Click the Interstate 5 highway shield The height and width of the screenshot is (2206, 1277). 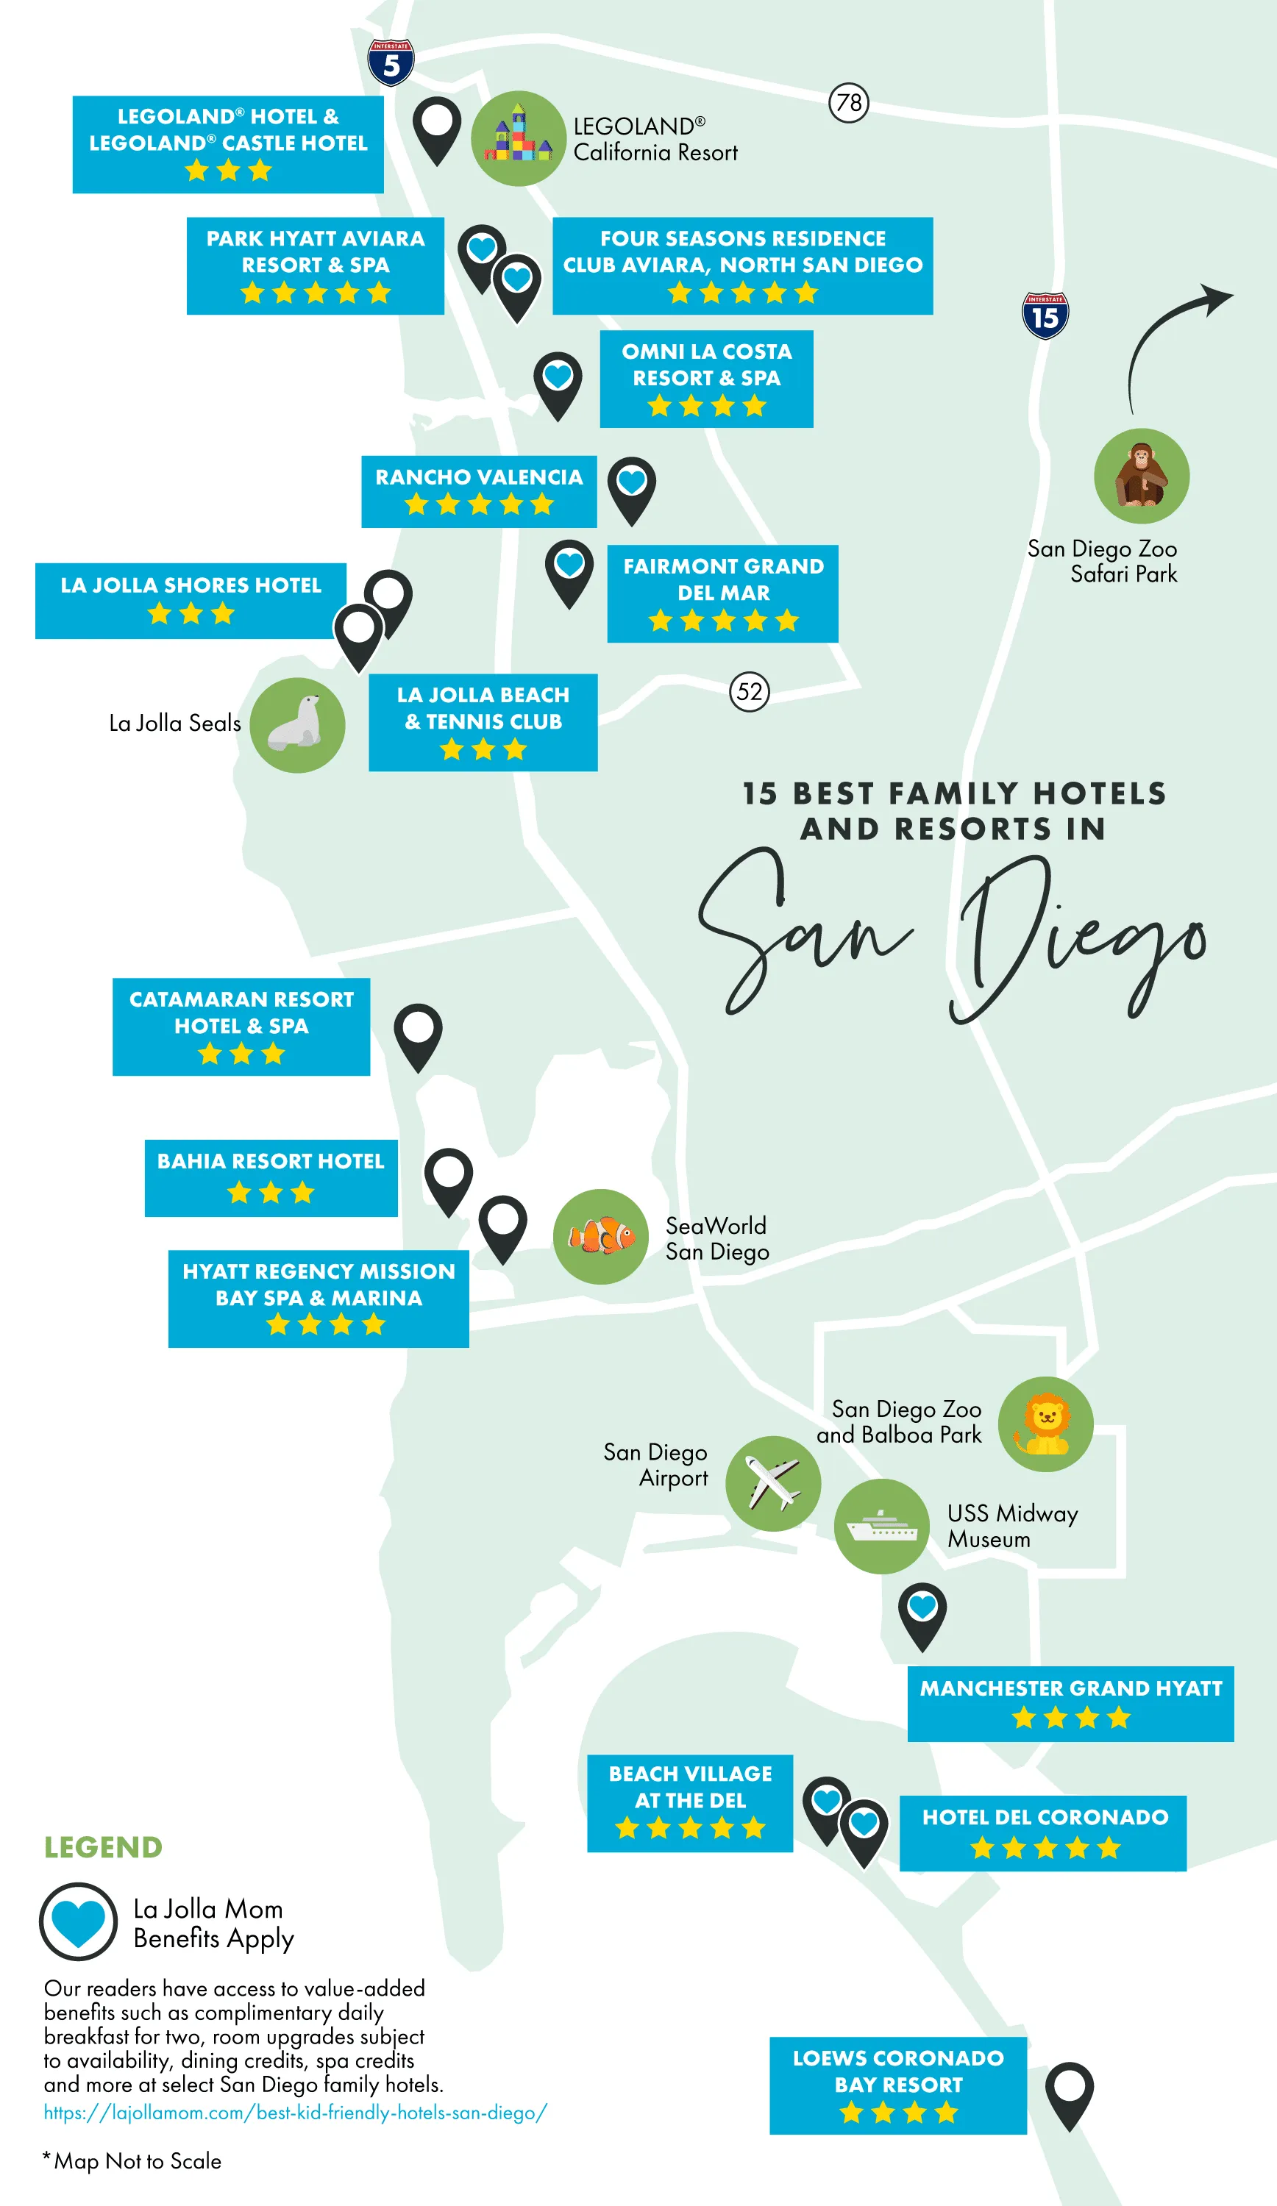click(391, 63)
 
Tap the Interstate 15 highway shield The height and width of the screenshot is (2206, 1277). click(1045, 316)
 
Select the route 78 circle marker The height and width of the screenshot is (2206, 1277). click(848, 102)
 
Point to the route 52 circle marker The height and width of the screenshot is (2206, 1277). click(749, 691)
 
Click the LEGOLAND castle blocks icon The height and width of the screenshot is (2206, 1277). click(519, 138)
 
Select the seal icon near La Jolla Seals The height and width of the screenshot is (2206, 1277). click(297, 725)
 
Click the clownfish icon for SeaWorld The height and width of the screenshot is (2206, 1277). click(601, 1236)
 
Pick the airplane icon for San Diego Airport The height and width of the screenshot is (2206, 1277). click(772, 1483)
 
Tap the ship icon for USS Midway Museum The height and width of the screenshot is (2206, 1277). click(881, 1526)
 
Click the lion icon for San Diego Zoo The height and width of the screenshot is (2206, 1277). click(1046, 1424)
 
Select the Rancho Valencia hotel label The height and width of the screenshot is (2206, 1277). click(479, 491)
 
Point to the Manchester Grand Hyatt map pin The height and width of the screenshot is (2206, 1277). click(922, 1613)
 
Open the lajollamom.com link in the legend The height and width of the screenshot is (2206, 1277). click(295, 2113)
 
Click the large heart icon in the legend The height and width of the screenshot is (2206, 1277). click(78, 1922)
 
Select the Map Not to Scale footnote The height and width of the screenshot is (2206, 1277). click(132, 2160)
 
